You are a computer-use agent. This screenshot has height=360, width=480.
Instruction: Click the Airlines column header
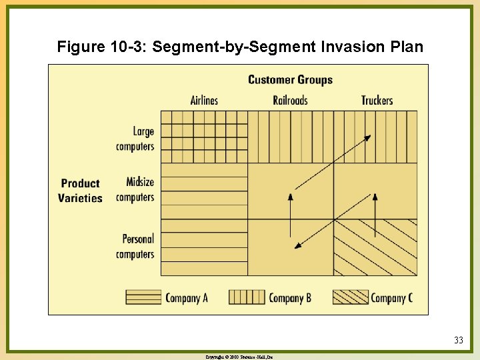(x=204, y=100)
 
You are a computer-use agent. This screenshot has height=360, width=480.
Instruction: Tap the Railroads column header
(x=290, y=100)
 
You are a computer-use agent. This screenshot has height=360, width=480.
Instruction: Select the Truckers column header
(x=377, y=100)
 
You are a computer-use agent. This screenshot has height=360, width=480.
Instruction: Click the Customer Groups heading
(x=290, y=80)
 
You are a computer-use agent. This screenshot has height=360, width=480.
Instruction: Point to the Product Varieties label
(x=80, y=191)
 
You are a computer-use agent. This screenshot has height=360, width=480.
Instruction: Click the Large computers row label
(x=135, y=139)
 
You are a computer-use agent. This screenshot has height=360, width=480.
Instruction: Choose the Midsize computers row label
(x=135, y=189)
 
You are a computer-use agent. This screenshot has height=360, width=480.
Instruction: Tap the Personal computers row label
(x=135, y=246)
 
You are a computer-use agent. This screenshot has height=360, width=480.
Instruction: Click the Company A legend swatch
(x=144, y=297)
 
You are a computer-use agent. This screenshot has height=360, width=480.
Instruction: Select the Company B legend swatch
(x=246, y=297)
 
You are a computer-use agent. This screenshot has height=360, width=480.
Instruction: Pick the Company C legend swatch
(x=350, y=297)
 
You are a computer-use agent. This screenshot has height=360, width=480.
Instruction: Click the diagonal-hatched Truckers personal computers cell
(x=375, y=247)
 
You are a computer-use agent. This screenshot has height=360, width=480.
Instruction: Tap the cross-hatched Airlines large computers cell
(x=204, y=136)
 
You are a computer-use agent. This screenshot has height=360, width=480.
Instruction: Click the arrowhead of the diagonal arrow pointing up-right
(x=368, y=137)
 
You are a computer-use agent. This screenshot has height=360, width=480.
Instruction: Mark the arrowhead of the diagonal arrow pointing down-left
(x=297, y=246)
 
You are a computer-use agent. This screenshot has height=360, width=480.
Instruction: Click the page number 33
(x=459, y=341)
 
